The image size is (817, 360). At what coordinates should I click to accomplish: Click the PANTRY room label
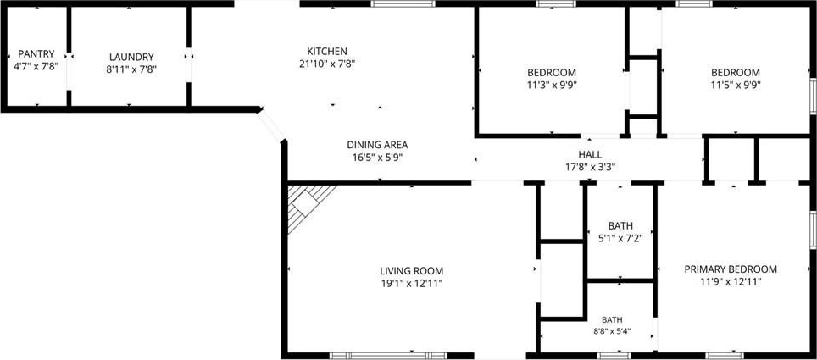coord(36,53)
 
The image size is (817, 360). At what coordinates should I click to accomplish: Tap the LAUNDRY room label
coord(131,57)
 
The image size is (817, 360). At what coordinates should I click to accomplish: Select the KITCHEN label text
coord(326,51)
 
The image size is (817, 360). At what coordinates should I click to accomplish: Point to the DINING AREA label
coord(377,145)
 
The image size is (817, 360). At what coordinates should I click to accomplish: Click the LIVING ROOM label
coord(411,271)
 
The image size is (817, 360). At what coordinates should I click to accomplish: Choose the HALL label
coord(590,155)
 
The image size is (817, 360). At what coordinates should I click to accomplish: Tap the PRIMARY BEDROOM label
coord(731,269)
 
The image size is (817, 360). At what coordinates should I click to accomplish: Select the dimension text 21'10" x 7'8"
coord(326,64)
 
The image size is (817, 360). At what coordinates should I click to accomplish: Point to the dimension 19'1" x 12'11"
coord(411,284)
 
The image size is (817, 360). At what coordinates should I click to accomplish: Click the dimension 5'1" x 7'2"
coord(620,239)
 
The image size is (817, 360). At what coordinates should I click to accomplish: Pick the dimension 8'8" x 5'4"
coord(620,330)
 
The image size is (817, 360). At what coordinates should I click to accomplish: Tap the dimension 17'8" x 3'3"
coord(590,167)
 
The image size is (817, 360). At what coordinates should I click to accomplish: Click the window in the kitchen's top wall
coord(403,3)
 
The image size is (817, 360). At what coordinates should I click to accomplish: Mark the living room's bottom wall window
coord(388,356)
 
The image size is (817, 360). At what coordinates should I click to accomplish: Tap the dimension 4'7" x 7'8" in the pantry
coord(36,66)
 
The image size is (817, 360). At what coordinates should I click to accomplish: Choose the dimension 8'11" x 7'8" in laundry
coord(131,69)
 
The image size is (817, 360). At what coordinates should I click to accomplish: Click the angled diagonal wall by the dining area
coord(271,125)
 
